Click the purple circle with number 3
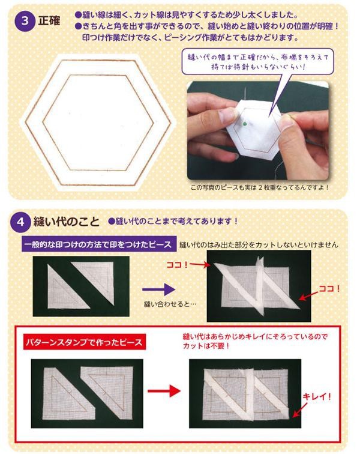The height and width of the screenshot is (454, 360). click(25, 21)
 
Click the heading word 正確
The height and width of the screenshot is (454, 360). click(49, 21)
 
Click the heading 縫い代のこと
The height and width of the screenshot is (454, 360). click(66, 222)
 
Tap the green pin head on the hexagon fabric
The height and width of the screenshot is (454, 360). click(245, 124)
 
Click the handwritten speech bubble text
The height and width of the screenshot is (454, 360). click(258, 62)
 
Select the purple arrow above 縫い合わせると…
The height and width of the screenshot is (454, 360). click(158, 289)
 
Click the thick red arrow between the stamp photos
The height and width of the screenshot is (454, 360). click(164, 391)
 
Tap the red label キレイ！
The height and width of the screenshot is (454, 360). click(317, 396)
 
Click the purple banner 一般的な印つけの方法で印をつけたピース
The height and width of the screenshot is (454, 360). click(98, 244)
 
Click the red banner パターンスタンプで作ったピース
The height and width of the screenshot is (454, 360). click(84, 342)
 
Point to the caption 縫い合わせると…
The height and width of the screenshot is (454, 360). click(170, 304)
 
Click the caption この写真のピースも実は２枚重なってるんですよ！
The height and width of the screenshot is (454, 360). click(260, 187)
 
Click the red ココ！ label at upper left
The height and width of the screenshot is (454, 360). click(177, 265)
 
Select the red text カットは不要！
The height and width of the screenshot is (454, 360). click(206, 346)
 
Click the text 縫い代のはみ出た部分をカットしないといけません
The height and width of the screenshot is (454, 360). click(259, 245)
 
